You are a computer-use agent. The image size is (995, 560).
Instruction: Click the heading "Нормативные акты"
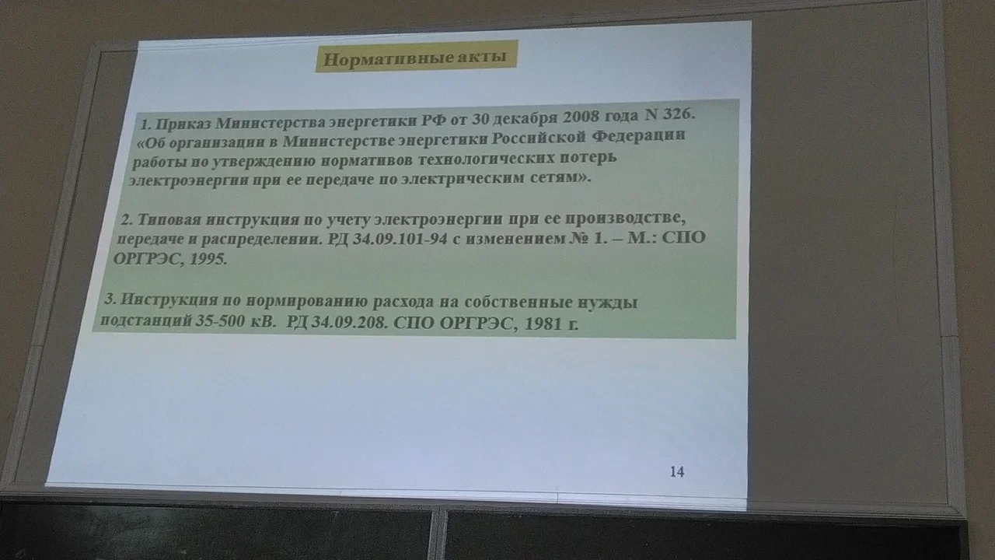pos(415,58)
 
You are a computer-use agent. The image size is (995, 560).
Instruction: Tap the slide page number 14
pos(677,471)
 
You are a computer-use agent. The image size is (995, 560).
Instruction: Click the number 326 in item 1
pos(678,114)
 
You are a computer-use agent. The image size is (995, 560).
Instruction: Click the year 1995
pos(206,259)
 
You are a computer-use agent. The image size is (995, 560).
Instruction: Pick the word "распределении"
pos(261,240)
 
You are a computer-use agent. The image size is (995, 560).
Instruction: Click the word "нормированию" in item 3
pos(306,301)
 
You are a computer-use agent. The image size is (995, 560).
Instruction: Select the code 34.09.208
pos(347,322)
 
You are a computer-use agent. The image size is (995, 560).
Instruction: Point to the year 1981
pos(543,324)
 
